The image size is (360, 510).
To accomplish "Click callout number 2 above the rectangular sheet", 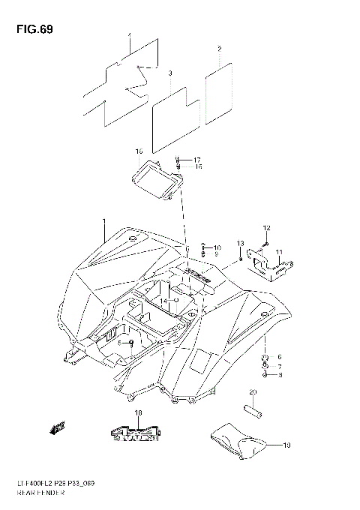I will pos(219,49).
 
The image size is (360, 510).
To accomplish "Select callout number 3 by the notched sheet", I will pos(170,73).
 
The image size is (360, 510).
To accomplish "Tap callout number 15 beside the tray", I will pos(138,151).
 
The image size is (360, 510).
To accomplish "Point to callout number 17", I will pos(197,160).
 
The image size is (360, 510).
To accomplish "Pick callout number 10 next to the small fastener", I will pos(217,247).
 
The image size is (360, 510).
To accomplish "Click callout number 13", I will pos(241,243).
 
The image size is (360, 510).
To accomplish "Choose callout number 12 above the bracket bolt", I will pos(265,226).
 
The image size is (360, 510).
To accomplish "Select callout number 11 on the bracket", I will pos(278,251).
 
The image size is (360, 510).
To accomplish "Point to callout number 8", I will pos(279,373).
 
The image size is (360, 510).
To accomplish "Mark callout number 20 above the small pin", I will pos(253,392).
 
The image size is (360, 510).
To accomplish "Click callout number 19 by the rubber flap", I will pos(286,445).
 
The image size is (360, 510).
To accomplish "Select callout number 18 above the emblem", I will pos(139,413).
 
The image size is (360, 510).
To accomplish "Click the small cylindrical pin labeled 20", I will pos(253,411).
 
